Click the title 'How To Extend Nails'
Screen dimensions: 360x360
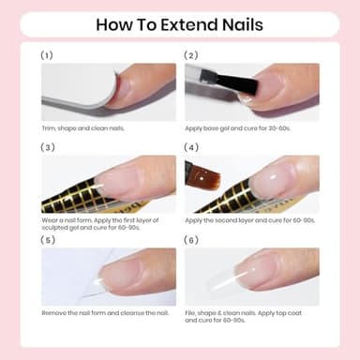pyautogui.click(x=179, y=24)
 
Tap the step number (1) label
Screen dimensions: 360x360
pyautogui.click(x=48, y=55)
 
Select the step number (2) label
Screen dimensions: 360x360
pyautogui.click(x=192, y=55)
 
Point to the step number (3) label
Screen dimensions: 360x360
pyautogui.click(x=48, y=147)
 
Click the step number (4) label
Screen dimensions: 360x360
pyautogui.click(x=192, y=147)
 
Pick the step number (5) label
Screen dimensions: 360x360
pyautogui.click(x=48, y=239)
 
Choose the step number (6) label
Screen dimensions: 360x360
pyautogui.click(x=192, y=239)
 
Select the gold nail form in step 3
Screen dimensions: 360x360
pyautogui.click(x=70, y=198)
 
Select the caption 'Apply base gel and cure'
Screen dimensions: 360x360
pyautogui.click(x=244, y=127)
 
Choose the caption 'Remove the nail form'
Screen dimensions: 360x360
pyautogui.click(x=105, y=311)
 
